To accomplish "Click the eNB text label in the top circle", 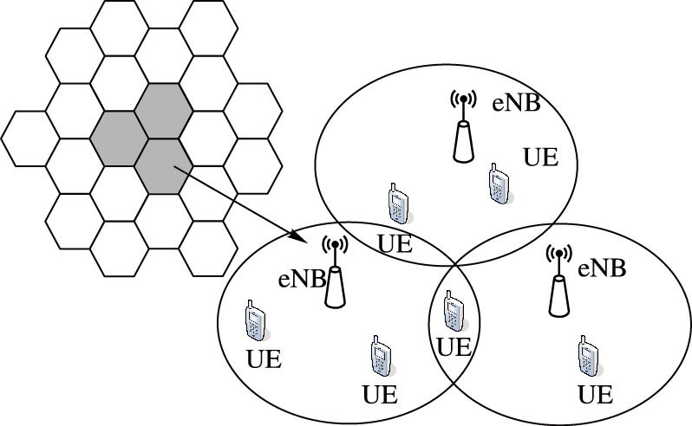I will pyautogui.click(x=517, y=104).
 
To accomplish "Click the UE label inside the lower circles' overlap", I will pyautogui.click(x=452, y=348).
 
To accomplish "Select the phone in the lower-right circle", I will pyautogui.click(x=589, y=355).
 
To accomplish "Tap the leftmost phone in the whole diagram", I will pyautogui.click(x=254, y=321).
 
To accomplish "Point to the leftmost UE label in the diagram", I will pyautogui.click(x=264, y=359).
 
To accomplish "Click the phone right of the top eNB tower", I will pyautogui.click(x=497, y=183).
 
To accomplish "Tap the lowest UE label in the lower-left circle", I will pyautogui.click(x=380, y=396).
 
